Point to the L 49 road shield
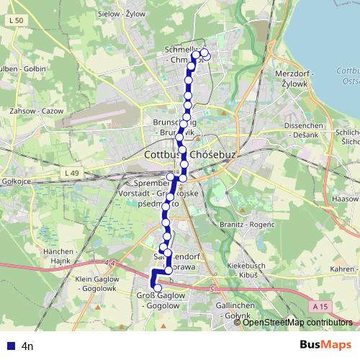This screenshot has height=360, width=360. (x=71, y=173)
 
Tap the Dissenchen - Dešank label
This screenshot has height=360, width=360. (x=307, y=129)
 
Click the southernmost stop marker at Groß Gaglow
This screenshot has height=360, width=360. (x=158, y=289)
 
